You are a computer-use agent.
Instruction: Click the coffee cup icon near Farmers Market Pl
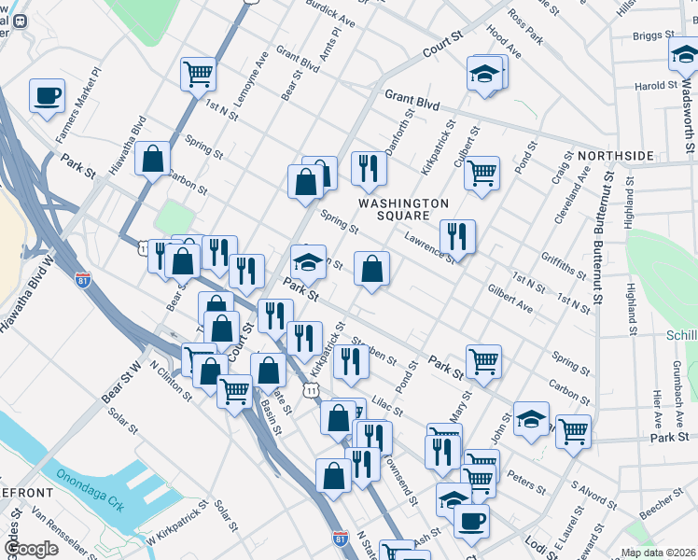tap(47, 95)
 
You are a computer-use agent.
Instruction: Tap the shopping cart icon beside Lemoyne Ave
tap(198, 73)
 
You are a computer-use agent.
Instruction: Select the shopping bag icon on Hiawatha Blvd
tap(151, 158)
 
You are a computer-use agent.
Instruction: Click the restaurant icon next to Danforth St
tap(369, 168)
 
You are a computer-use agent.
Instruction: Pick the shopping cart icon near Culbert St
tap(482, 173)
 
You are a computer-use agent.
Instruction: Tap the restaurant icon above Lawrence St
tap(456, 236)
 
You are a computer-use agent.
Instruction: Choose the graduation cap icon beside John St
tap(531, 418)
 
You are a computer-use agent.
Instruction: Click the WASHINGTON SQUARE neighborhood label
tap(404, 210)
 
